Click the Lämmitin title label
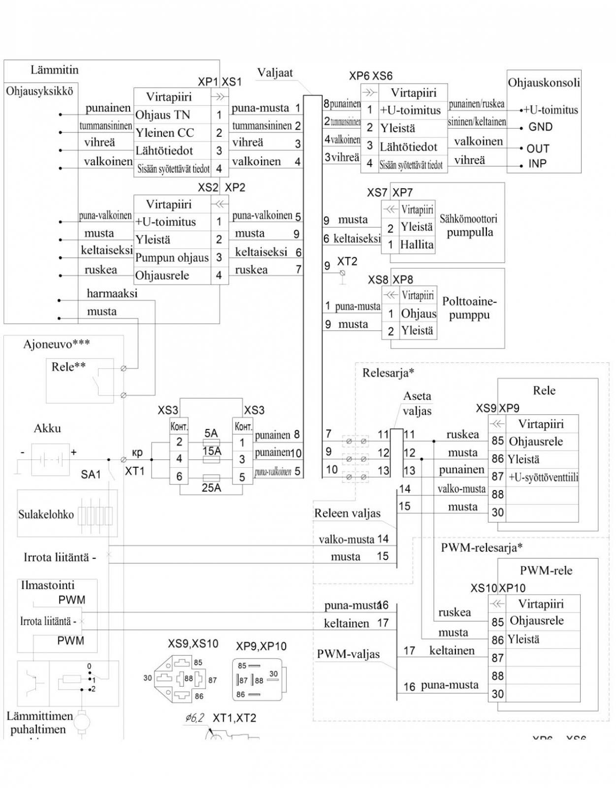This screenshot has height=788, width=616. [x=54, y=70]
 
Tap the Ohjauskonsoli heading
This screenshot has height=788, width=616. [x=544, y=82]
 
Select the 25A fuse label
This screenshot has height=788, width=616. [x=211, y=488]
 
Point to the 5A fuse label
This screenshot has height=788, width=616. [x=211, y=433]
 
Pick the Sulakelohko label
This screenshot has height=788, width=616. [x=46, y=515]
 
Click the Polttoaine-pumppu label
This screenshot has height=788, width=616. [x=469, y=308]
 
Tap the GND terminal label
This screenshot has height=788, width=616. [x=540, y=127]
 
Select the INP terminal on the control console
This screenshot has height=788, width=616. [x=537, y=164]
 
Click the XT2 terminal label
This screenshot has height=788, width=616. [x=347, y=261]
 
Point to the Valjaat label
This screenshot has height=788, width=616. [x=275, y=73]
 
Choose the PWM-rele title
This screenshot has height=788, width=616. [x=546, y=571]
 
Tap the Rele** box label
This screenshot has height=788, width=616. [x=68, y=367]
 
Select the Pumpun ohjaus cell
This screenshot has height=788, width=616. [x=172, y=258]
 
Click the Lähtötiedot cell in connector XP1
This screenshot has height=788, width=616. [x=164, y=151]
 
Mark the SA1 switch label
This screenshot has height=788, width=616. [x=91, y=474]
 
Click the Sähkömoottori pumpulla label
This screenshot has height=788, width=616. [x=468, y=225]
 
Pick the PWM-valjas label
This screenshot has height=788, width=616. [x=348, y=654]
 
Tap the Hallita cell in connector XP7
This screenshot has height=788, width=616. [x=417, y=244]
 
